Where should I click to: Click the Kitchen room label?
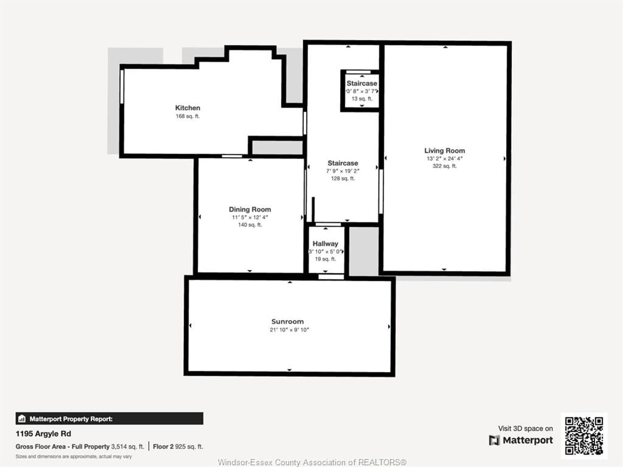coord(188,108)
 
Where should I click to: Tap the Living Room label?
coord(444,151)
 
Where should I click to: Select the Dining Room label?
coord(250,210)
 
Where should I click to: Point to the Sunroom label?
coord(287,321)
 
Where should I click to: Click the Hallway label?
coord(325,244)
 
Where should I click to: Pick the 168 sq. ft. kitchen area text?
coord(188,116)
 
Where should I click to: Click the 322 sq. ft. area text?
coord(444,166)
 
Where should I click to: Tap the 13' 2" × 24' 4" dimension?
coord(444,158)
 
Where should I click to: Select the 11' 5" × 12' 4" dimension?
coord(250,217)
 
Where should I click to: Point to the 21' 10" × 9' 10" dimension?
coord(289,330)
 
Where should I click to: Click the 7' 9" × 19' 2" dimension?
coord(343,171)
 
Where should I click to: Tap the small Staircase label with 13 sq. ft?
coord(362,83)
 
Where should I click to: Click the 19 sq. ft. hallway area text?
coord(325,259)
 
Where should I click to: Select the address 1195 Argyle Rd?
coord(43,434)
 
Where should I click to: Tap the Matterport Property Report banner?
coord(109,419)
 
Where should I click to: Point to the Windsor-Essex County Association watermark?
coord(312,462)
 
